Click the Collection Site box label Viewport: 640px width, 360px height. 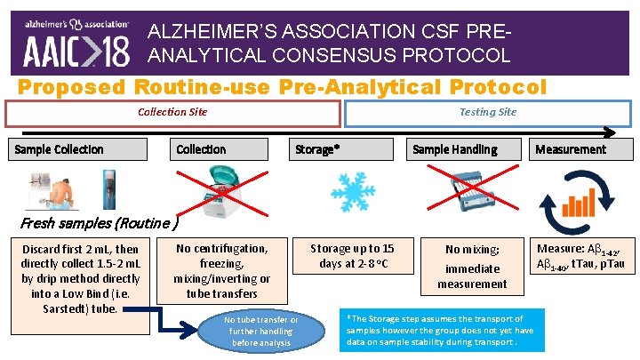(173, 112)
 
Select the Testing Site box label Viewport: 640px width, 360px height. (488, 112)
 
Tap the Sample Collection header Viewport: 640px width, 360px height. (59, 149)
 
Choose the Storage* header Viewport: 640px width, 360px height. (317, 149)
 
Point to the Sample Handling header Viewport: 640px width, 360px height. (454, 149)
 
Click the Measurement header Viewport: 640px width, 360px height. (571, 149)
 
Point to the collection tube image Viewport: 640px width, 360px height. (109, 189)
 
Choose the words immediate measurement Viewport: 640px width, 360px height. (472, 276)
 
